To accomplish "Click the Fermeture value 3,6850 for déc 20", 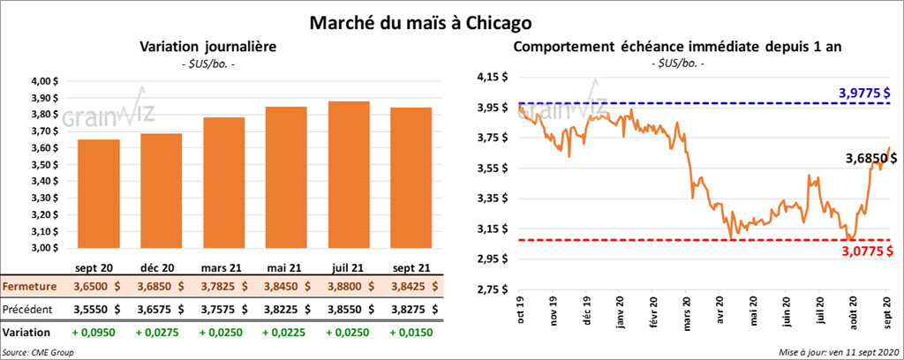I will [161, 287].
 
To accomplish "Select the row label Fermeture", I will [30, 287].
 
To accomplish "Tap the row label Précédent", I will [30, 310].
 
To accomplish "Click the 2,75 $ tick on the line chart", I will [493, 289].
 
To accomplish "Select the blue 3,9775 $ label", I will [863, 93].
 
